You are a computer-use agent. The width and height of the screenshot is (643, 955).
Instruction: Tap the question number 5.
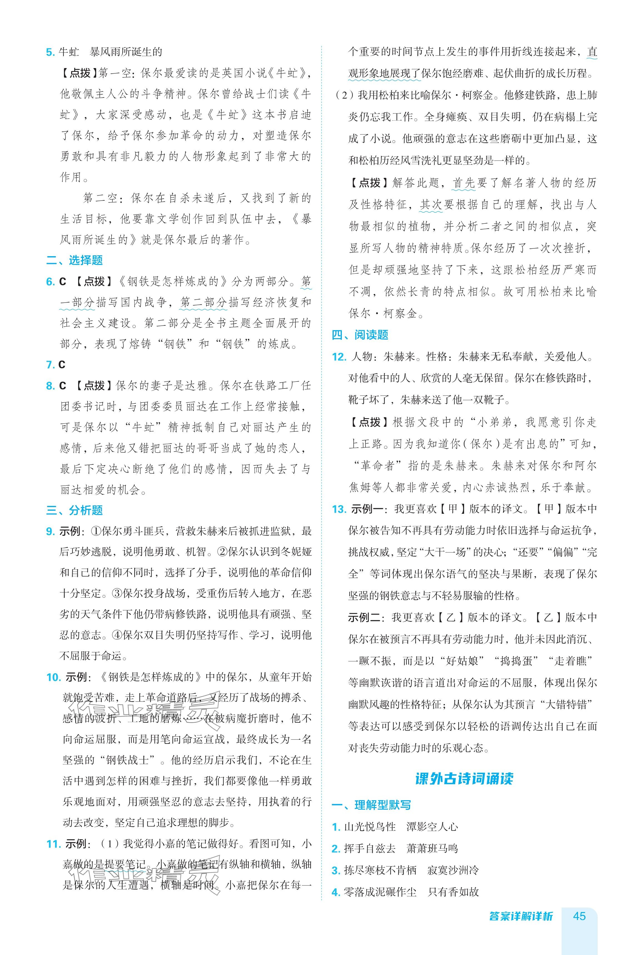pos(50,52)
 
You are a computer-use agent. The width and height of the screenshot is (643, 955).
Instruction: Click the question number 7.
pos(50,365)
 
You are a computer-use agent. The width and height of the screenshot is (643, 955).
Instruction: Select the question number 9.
pos(50,532)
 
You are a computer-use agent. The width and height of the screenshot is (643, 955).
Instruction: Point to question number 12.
pos(339,357)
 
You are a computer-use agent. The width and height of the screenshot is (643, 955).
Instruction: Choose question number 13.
pos(339,509)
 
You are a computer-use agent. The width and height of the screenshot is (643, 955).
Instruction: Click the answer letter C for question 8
pos(62,386)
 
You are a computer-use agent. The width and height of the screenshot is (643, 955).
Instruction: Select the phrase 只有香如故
pos(453,892)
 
